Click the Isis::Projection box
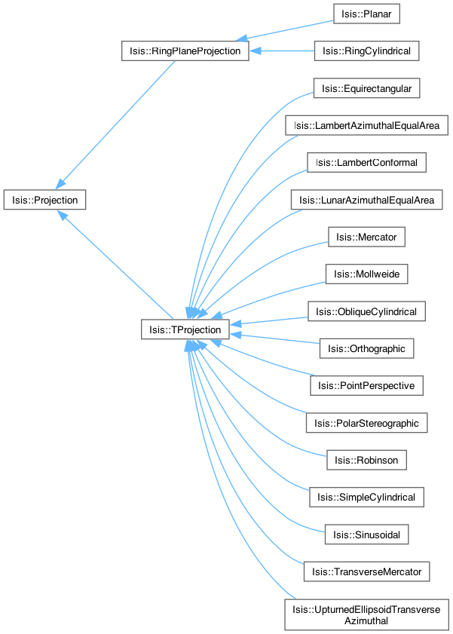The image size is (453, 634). [44, 200]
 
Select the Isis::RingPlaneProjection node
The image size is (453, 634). [185, 51]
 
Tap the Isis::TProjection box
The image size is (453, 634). [185, 330]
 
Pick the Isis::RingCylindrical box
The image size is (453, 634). [366, 51]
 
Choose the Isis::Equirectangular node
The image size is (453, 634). [366, 88]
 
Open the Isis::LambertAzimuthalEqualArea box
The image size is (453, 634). [367, 125]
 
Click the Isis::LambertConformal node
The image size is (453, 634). [367, 162]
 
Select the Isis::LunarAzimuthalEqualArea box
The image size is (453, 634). [367, 200]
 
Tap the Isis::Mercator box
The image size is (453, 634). [366, 237]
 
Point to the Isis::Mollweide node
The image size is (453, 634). [366, 274]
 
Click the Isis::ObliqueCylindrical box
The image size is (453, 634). [366, 311]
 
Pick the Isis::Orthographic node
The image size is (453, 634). [366, 348]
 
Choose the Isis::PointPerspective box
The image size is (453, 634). [366, 385]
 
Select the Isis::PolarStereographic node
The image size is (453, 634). [366, 422]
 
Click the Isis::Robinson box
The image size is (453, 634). [366, 459]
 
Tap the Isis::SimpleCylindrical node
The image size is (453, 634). [366, 497]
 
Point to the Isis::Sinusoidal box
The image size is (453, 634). [366, 534]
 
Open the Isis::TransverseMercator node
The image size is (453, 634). [366, 571]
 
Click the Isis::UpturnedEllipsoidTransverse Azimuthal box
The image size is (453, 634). [366, 614]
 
